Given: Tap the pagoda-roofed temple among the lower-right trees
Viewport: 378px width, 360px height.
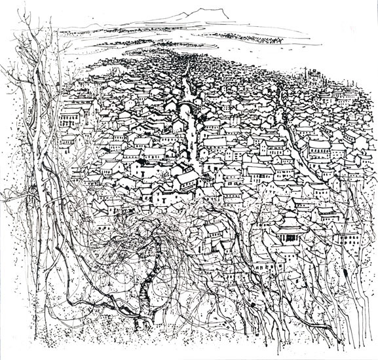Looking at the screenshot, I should [x=289, y=229].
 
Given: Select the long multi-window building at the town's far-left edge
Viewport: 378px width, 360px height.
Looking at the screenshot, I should [x=71, y=118].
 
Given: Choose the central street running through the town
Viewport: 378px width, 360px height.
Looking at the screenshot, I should [x=190, y=131].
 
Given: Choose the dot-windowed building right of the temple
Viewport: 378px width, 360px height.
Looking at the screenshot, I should [x=341, y=236].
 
